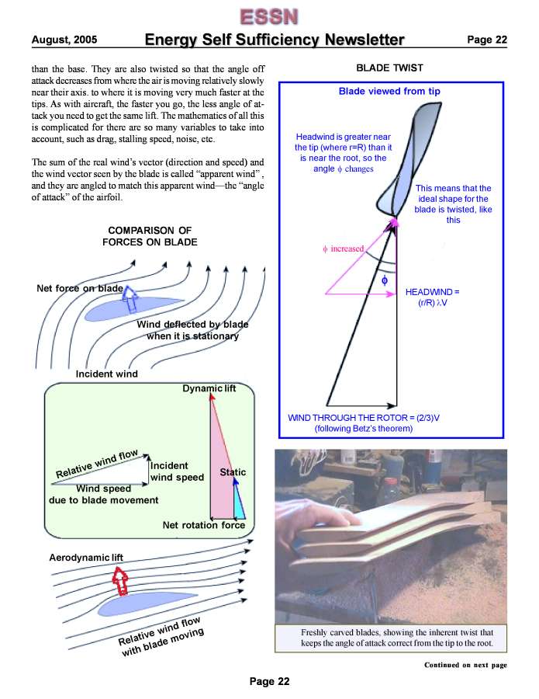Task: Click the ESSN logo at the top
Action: click(269, 16)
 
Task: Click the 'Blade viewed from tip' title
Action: click(389, 91)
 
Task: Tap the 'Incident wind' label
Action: click(106, 374)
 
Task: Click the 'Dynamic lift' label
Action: click(209, 388)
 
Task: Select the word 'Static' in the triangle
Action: click(233, 472)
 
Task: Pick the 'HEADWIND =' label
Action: click(433, 292)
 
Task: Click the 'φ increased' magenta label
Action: click(342, 249)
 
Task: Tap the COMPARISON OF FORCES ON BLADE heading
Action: click(150, 236)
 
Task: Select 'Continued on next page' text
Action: click(465, 665)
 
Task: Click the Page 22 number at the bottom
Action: click(269, 682)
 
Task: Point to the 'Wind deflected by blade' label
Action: click(192, 330)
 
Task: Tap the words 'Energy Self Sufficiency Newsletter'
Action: click(275, 40)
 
